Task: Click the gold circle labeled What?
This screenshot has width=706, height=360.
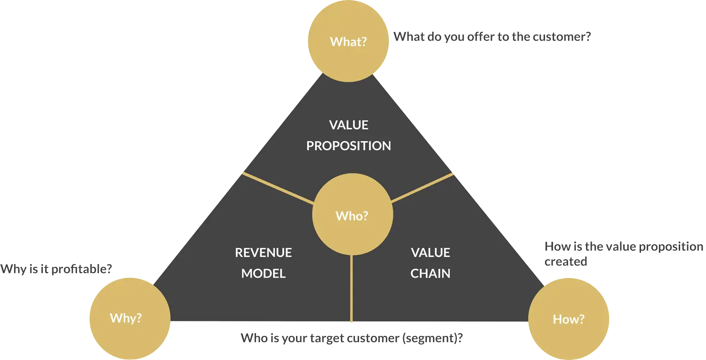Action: (x=348, y=41)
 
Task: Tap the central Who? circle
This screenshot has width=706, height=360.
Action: (x=352, y=216)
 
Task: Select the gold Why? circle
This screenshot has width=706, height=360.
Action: (x=130, y=318)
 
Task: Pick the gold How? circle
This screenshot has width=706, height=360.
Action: (x=569, y=319)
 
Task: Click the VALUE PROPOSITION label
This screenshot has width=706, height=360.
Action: (x=349, y=136)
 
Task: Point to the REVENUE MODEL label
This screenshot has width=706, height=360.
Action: (x=264, y=263)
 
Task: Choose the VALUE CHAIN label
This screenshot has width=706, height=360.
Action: (x=431, y=263)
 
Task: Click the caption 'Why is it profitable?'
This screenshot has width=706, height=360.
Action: (x=56, y=269)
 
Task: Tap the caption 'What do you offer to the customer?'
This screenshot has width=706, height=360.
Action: (x=492, y=36)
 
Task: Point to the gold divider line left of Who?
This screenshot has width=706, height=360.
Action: (x=278, y=189)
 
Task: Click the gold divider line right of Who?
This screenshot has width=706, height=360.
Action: (x=422, y=188)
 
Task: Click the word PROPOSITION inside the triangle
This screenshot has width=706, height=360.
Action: (x=349, y=146)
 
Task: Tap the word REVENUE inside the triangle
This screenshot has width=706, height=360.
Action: (x=264, y=253)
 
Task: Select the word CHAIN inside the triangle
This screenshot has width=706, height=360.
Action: (x=431, y=273)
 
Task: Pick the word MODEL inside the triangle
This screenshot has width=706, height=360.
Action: (x=264, y=273)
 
